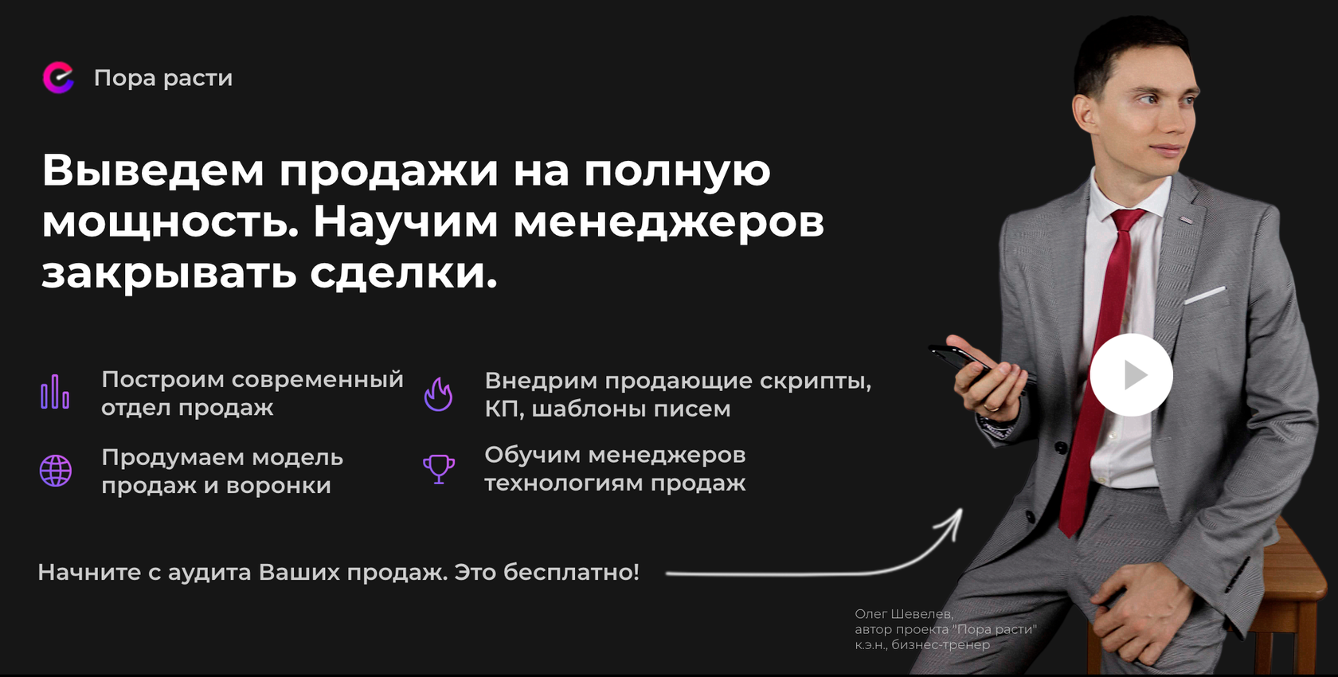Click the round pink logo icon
(x=58, y=78)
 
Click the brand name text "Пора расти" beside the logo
(x=163, y=78)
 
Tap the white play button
(x=1131, y=374)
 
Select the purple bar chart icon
(x=55, y=392)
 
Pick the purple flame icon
(x=438, y=393)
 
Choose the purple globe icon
(x=56, y=471)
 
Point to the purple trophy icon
(x=439, y=468)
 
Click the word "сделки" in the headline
(x=403, y=273)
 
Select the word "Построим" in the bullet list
(x=162, y=380)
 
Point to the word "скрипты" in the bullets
(x=814, y=382)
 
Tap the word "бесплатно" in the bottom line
(x=570, y=572)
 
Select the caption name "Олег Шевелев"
(x=903, y=614)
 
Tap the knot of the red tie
(x=1126, y=220)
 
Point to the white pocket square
(x=1204, y=295)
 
